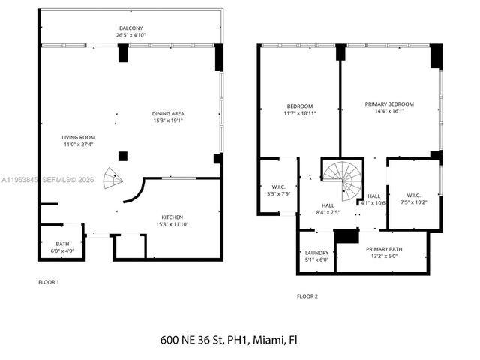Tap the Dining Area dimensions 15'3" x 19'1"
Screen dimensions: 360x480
pyautogui.click(x=167, y=121)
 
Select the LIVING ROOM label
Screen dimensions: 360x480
pyautogui.click(x=78, y=137)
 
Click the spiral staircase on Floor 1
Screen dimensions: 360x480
pyautogui.click(x=111, y=179)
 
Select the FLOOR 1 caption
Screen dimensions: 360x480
pyautogui.click(x=49, y=282)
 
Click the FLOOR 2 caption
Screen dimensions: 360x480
pyautogui.click(x=307, y=296)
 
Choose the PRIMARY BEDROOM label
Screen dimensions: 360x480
pyautogui.click(x=388, y=104)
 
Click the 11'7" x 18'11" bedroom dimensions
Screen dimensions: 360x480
pyautogui.click(x=299, y=113)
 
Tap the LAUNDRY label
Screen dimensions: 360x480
pyautogui.click(x=316, y=253)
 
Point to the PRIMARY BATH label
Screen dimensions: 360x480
pyautogui.click(x=383, y=249)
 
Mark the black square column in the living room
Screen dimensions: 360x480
pyautogui.click(x=122, y=157)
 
